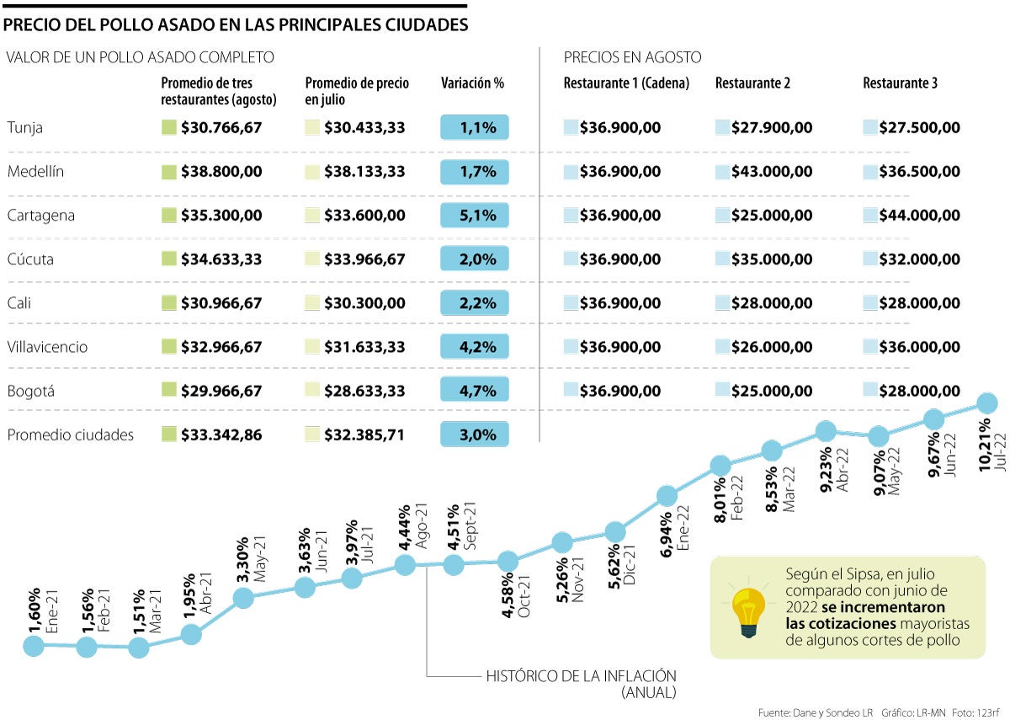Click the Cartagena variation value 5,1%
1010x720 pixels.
point(474,216)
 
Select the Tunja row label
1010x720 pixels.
point(25,128)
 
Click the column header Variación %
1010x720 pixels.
point(472,83)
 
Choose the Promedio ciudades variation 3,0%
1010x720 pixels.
point(474,435)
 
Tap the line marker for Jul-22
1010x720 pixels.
point(986,403)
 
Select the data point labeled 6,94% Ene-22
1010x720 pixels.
point(667,495)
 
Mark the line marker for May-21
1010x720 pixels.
point(244,598)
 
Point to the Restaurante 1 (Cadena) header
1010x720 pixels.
point(626,83)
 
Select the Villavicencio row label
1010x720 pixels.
point(47,347)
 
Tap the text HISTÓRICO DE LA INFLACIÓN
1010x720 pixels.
point(582,675)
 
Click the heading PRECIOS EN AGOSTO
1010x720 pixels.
point(632,57)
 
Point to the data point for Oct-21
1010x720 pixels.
point(508,561)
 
